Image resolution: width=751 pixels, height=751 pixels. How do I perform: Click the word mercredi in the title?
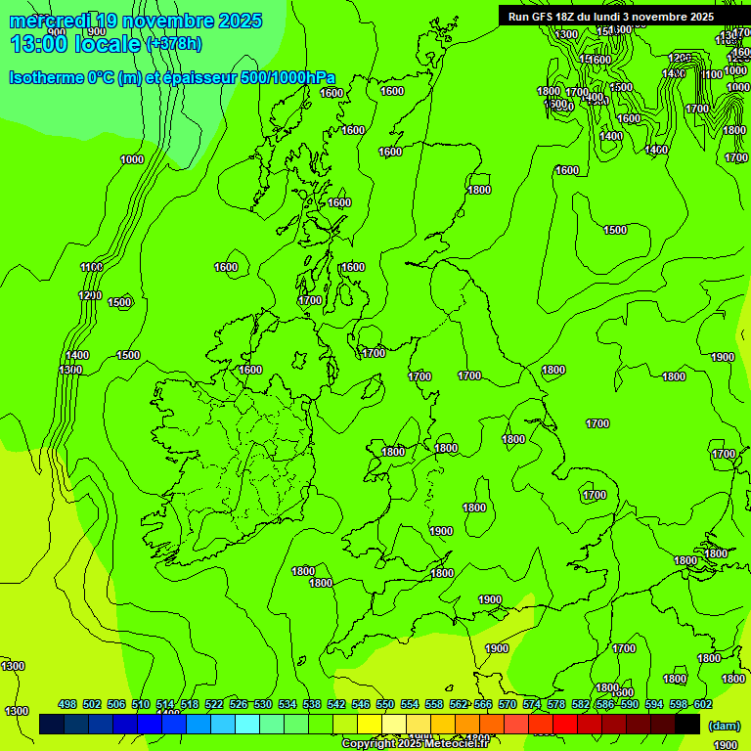pos(49,21)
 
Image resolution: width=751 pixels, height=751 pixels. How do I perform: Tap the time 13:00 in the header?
pos(38,43)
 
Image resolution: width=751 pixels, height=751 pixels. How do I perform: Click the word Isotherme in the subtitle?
pos(47,78)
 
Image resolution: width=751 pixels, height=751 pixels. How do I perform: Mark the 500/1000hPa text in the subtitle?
pos(291,78)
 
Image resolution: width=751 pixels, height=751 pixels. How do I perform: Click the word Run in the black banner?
pos(518,17)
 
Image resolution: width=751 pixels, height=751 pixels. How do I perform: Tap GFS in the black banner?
pos(543,17)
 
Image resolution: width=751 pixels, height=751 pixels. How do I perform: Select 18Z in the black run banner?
pos(566,17)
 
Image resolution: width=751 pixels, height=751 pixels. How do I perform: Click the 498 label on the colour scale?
pos(67,704)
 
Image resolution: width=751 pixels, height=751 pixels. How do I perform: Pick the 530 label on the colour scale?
pos(263,704)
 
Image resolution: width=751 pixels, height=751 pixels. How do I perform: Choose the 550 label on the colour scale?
pos(385,704)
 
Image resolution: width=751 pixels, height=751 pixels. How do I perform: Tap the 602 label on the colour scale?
pos(703,704)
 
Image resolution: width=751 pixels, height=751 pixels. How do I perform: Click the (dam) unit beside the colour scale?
pos(724,725)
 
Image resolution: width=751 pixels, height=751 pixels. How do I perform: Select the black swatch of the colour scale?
pos(686,725)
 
